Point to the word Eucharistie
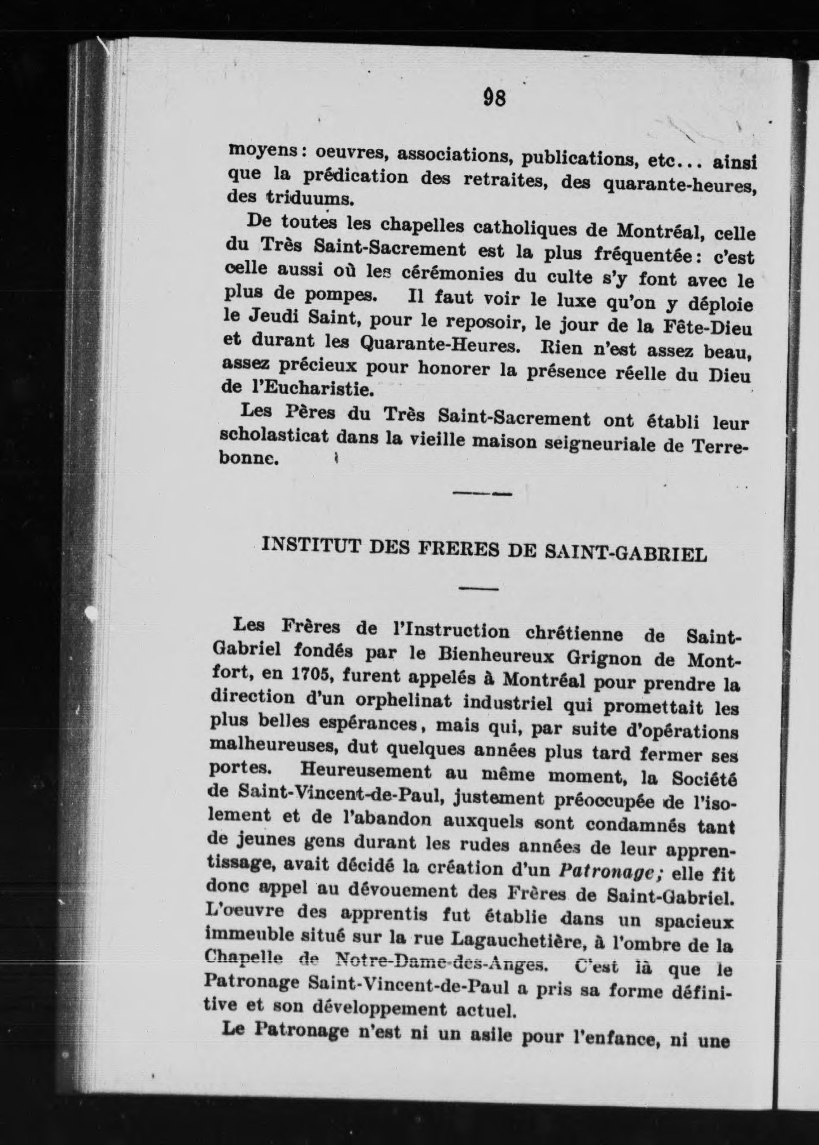[316, 387]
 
